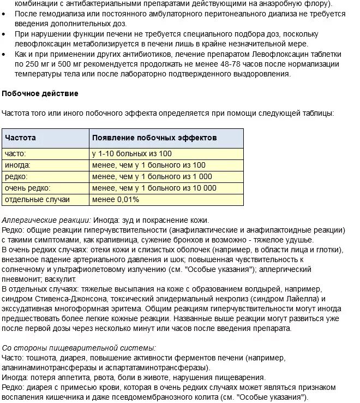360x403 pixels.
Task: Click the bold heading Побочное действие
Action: click(x=40, y=93)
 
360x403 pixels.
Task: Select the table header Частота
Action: click(x=20, y=138)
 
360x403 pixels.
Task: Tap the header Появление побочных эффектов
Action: click(x=154, y=138)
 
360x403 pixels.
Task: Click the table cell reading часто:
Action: click(x=15, y=153)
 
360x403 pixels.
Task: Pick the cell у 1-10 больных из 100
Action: click(x=131, y=153)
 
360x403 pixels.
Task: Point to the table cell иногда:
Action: click(x=17, y=165)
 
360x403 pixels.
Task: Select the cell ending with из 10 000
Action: click(x=154, y=188)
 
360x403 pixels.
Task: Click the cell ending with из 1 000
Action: click(x=152, y=176)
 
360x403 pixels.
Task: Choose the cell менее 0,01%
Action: click(x=116, y=199)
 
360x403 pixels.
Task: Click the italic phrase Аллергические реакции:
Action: click(x=46, y=220)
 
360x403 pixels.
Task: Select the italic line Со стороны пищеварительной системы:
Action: click(x=79, y=347)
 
